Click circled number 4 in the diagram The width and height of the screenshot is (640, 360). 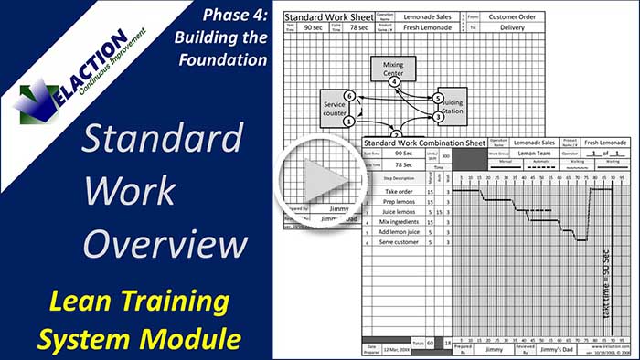[394, 83]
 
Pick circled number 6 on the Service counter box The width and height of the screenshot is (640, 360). [348, 95]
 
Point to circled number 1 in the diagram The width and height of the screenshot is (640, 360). [348, 121]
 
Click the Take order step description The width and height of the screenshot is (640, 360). [402, 191]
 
